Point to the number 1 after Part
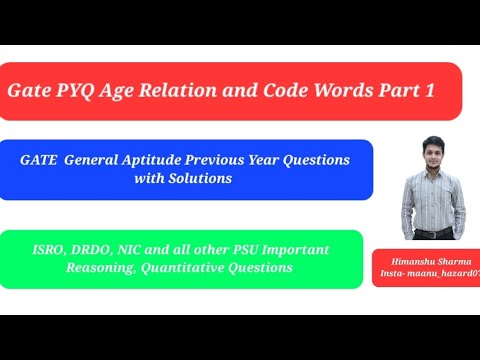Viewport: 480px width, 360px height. coord(429,90)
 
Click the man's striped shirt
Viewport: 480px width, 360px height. coord(432,205)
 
